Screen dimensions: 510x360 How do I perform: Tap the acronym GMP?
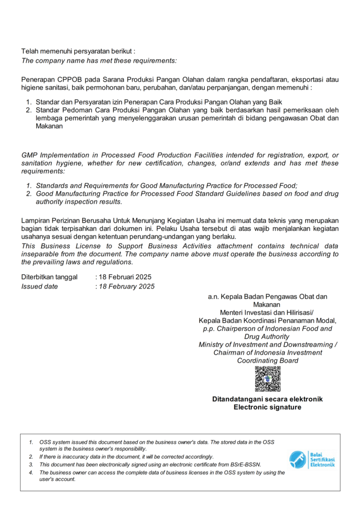(30, 155)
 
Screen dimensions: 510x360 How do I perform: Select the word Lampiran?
(36, 221)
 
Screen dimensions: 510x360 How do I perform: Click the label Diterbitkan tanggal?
(49, 277)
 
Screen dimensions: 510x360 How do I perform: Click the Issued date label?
(40, 286)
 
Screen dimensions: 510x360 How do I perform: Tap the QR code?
(268, 379)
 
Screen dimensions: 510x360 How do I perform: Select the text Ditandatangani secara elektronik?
(268, 399)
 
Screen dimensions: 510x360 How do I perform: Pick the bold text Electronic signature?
(268, 407)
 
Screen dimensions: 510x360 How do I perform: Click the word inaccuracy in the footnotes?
(76, 457)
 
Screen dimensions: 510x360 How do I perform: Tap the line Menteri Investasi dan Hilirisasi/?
(268, 312)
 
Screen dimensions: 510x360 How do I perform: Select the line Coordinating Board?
(268, 360)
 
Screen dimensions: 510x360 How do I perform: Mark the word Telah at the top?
(30, 51)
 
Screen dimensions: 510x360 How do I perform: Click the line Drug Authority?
(268, 336)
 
